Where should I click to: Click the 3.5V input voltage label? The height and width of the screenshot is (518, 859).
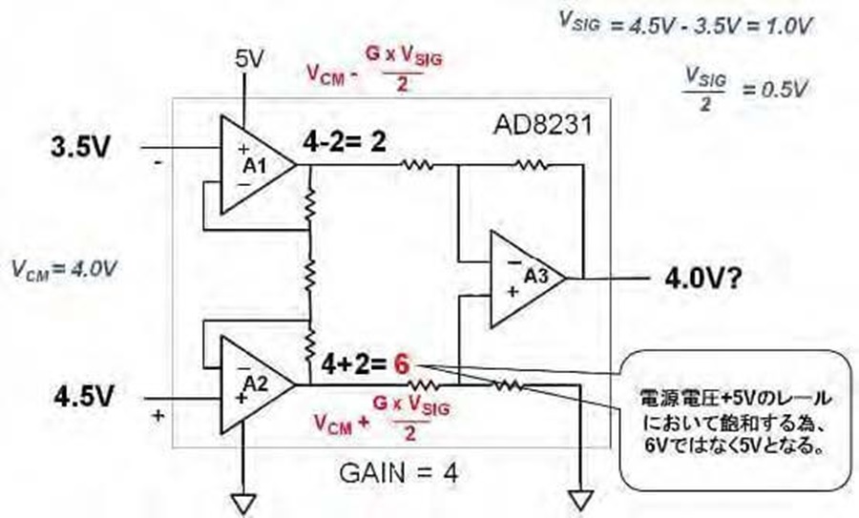(80, 147)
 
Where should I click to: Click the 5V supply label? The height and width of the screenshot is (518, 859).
(249, 58)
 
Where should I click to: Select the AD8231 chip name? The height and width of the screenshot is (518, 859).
(543, 125)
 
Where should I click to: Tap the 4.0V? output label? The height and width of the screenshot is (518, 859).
(703, 279)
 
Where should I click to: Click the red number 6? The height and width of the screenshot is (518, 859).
(402, 363)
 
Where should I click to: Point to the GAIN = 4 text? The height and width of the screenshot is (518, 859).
(398, 472)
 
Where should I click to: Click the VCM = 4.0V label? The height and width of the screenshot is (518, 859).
(64, 269)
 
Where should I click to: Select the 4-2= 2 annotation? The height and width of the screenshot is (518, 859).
(345, 142)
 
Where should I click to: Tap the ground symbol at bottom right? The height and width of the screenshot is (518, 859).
(580, 499)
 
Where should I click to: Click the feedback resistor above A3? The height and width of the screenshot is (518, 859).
(531, 164)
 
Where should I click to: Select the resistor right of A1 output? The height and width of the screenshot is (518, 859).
(417, 164)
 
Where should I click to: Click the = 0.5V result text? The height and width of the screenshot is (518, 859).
(774, 90)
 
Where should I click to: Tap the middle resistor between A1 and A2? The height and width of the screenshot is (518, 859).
(310, 274)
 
